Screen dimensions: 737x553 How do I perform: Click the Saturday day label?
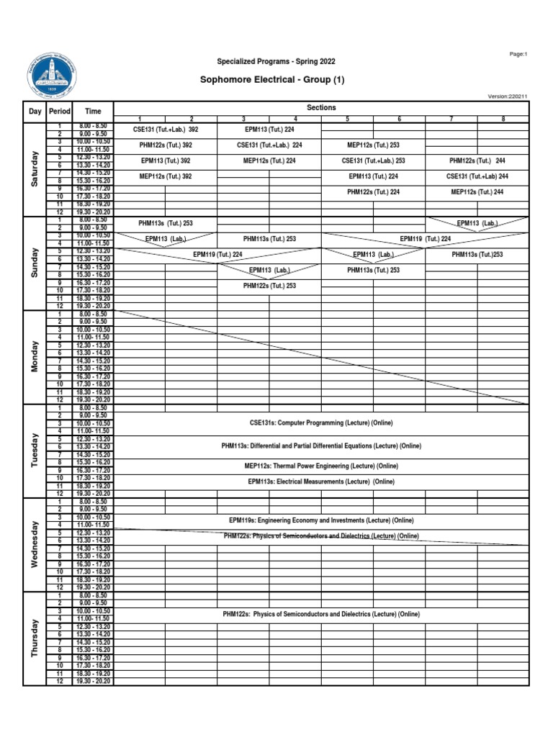(x=35, y=169)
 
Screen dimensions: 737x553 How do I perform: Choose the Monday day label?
(x=35, y=357)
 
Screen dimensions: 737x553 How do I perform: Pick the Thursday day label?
(x=35, y=638)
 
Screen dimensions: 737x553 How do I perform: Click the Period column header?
(x=59, y=112)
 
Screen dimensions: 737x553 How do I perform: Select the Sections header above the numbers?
(x=321, y=107)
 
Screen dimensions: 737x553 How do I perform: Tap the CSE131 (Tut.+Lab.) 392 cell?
(x=166, y=130)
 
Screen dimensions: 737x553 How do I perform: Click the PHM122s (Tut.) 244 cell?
(x=477, y=160)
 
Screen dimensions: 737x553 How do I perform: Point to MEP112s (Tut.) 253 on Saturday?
(x=373, y=145)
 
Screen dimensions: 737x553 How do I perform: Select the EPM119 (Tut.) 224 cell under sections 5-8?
(x=425, y=239)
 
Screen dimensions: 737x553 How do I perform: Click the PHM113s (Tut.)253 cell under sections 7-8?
(x=477, y=255)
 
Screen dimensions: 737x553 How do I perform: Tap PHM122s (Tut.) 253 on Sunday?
(x=269, y=286)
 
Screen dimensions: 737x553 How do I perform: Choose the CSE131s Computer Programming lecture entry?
(x=321, y=422)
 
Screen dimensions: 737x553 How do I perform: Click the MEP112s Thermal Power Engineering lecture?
(x=321, y=466)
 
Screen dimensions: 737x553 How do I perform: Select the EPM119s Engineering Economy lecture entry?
(x=321, y=520)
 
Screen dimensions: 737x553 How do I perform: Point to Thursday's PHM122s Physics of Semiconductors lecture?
(x=321, y=614)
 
